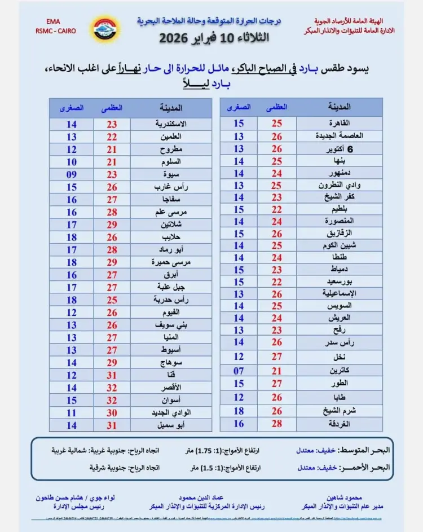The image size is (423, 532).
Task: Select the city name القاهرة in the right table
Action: pos(339,123)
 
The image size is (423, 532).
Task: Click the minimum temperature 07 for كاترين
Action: pos(238,371)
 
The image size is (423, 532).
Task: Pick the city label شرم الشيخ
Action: pos(339,411)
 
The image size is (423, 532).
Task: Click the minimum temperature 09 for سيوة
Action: pos(71,174)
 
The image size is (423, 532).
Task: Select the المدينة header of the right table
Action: pos(339,106)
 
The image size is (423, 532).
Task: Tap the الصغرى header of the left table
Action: pos(71,107)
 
